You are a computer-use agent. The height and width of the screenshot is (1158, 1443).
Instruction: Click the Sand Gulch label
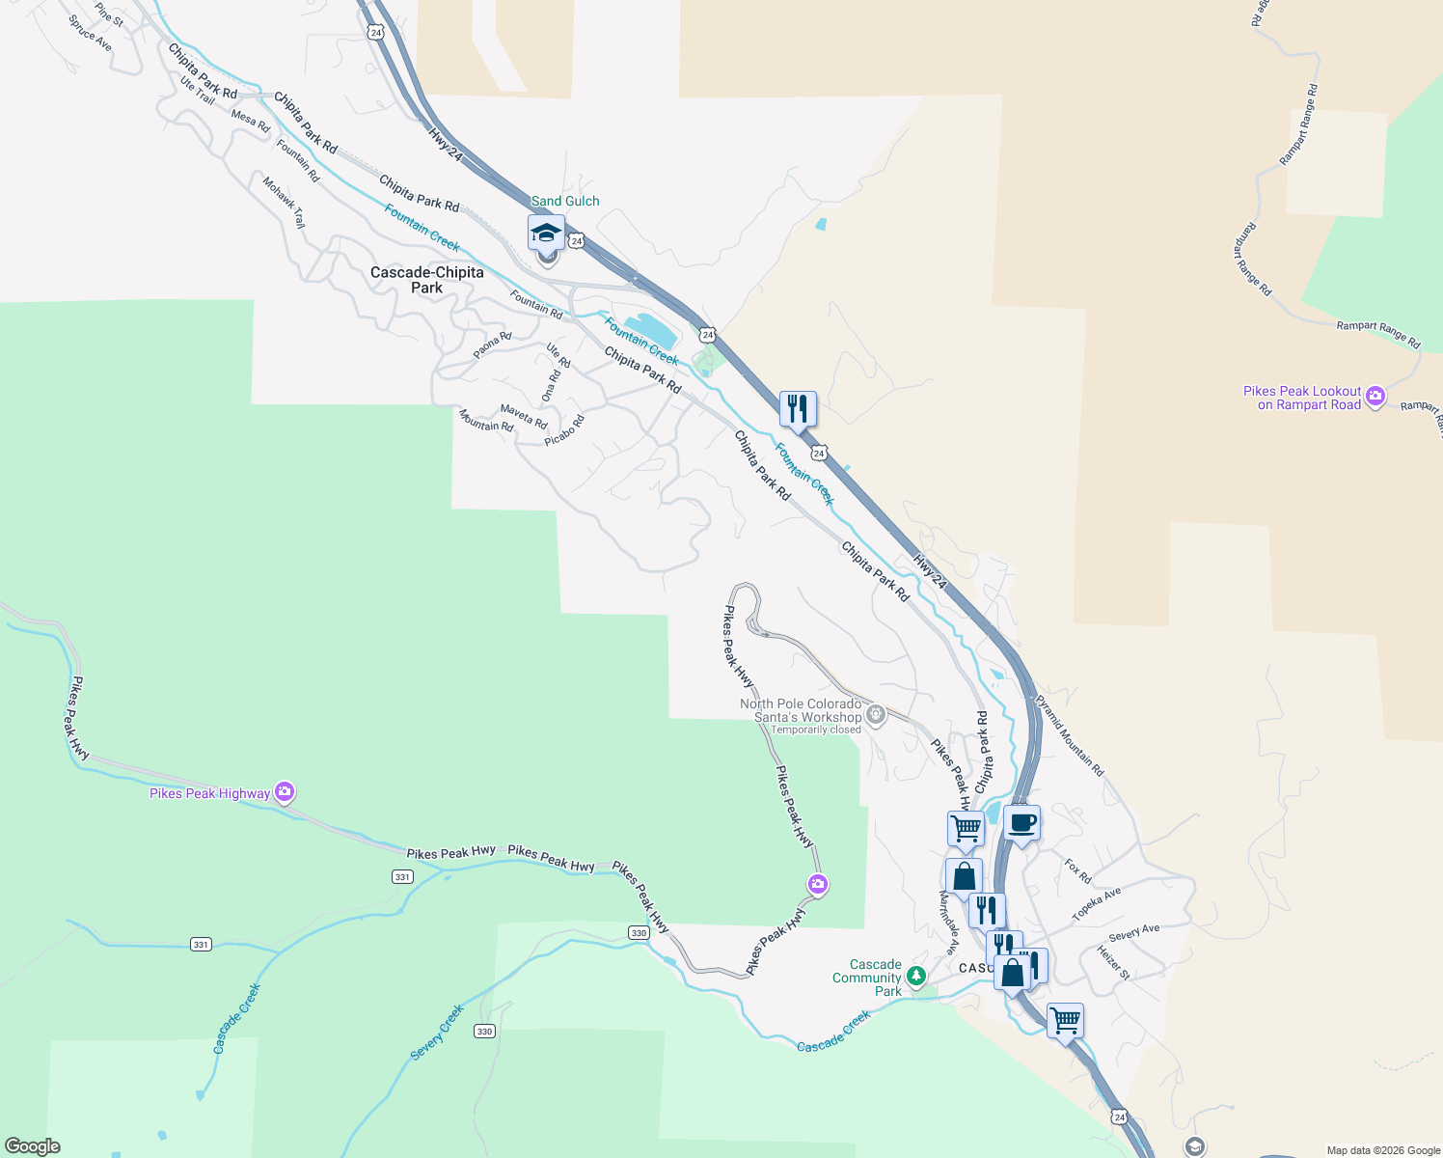point(565,201)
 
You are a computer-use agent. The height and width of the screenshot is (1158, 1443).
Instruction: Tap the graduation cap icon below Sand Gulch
point(546,234)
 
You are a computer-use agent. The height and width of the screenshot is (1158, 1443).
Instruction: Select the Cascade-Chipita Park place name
point(426,280)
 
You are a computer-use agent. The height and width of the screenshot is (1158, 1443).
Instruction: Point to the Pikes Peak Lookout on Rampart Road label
point(1302,398)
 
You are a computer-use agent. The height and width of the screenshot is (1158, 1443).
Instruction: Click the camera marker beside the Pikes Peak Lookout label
point(1375,396)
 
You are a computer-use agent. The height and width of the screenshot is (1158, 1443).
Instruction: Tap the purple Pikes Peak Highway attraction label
point(209,793)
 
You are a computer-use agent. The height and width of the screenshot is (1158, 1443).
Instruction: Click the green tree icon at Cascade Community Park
point(915,976)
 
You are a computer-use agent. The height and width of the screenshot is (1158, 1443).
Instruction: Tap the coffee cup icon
point(1022,823)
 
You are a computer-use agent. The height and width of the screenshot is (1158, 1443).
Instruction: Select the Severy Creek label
point(437,1032)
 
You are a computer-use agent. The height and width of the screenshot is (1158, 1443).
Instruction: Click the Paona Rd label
point(492,345)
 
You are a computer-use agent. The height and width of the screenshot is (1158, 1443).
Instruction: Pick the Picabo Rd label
point(564,430)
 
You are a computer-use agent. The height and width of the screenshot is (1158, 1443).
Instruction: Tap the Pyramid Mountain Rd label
point(1070,735)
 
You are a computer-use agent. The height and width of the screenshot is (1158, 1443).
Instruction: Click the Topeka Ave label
point(1097,904)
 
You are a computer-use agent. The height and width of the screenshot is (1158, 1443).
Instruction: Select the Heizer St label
point(1113,962)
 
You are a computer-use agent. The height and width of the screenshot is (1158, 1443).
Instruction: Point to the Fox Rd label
point(1078,870)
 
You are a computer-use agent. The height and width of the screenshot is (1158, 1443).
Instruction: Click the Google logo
point(32,1146)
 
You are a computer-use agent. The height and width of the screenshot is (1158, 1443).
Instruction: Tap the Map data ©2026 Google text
point(1383,1150)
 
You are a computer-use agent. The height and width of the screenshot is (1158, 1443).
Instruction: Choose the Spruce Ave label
point(90,33)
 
